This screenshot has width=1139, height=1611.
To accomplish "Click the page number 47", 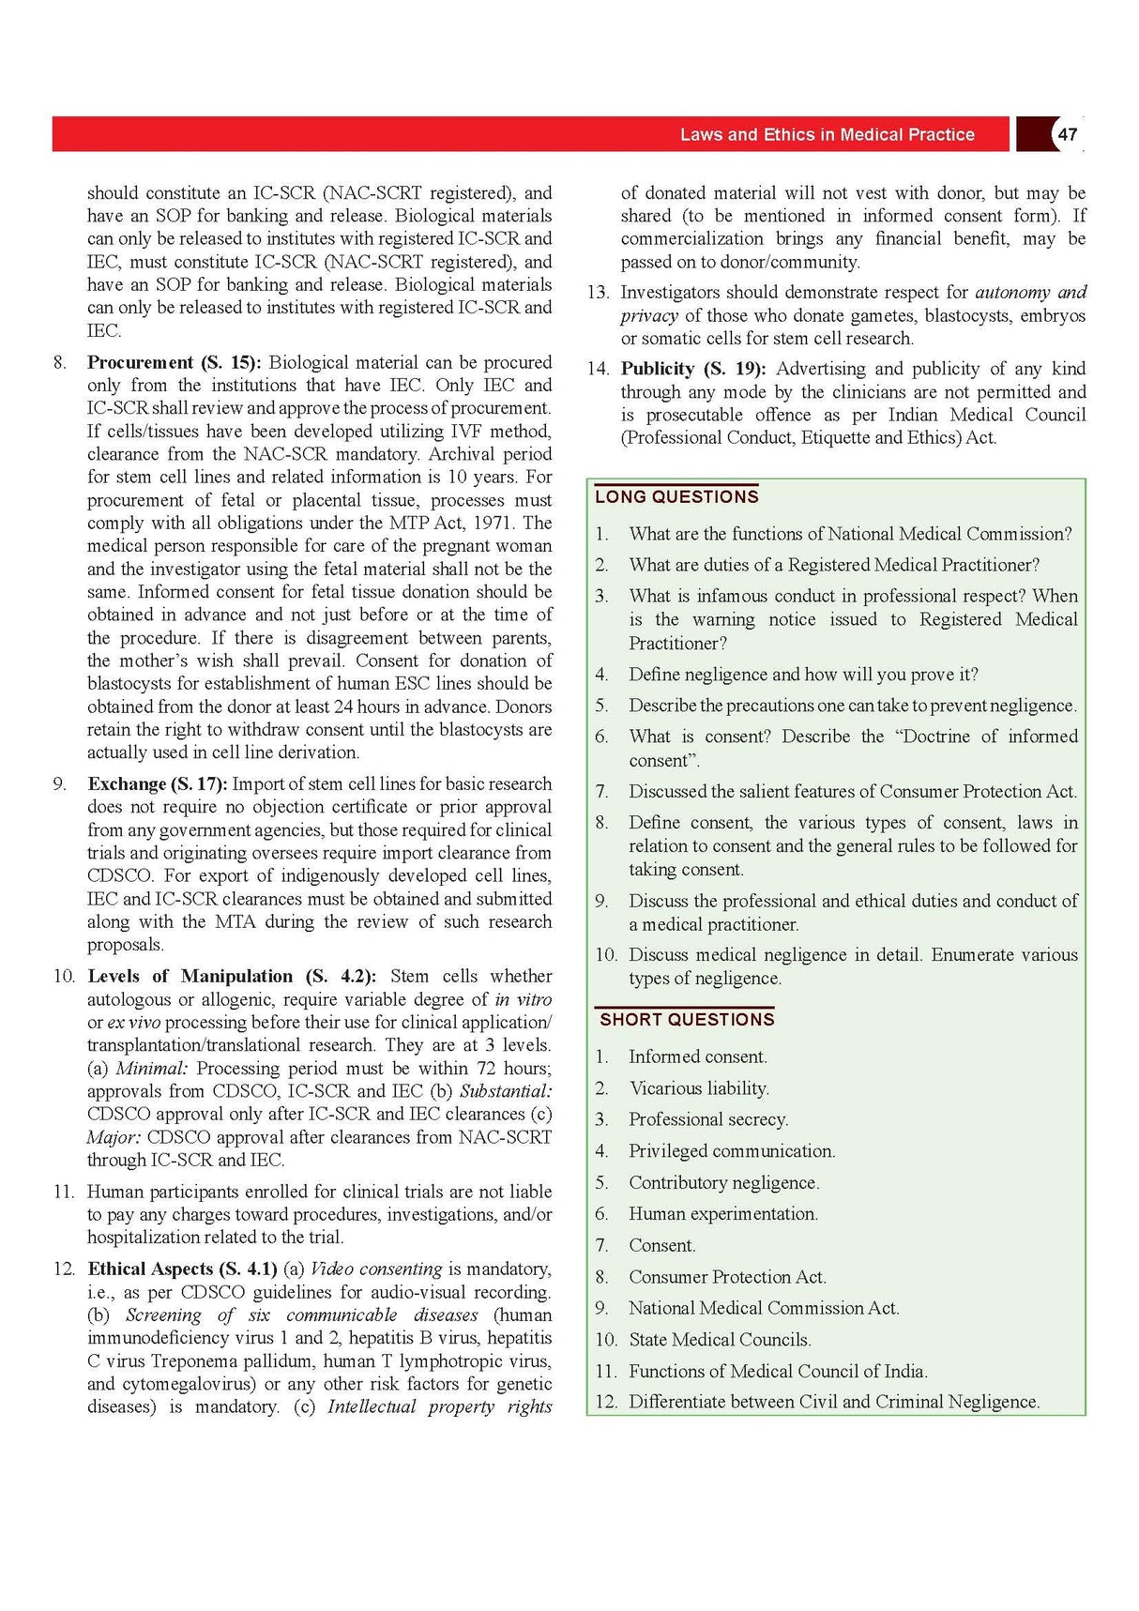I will [1067, 134].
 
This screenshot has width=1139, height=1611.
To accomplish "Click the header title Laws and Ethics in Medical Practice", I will [827, 134].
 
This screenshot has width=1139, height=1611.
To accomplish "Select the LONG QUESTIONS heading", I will [676, 496].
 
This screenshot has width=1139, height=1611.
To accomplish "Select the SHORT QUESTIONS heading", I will [687, 1019].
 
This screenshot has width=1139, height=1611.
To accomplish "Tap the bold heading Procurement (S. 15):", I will [175, 362].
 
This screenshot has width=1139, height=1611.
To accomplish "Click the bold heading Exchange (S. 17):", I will [158, 783].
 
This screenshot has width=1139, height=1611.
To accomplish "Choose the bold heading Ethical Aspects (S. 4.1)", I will [182, 1269].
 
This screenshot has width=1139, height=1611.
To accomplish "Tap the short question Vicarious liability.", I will [699, 1088].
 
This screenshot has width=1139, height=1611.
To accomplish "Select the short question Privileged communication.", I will [732, 1151].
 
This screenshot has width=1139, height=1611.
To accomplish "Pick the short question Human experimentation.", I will [722, 1214].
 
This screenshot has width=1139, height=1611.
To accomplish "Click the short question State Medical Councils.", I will [720, 1340].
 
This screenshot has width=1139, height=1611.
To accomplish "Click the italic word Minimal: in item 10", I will [152, 1068].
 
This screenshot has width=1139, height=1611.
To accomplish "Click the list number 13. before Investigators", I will [598, 292].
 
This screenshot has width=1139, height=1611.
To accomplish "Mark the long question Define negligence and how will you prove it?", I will [803, 675].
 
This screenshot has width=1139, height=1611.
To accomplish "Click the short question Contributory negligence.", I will [723, 1183].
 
